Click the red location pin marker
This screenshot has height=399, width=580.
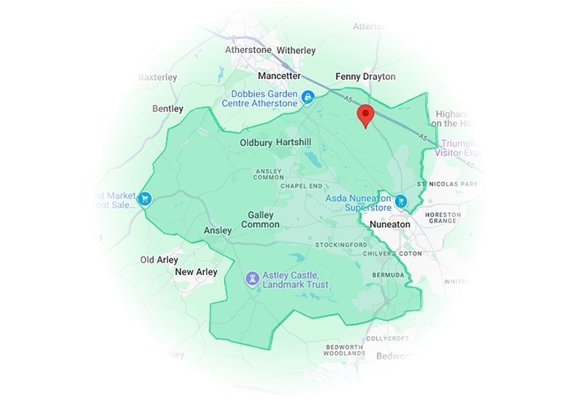(x=366, y=115)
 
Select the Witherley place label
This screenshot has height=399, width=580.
(x=297, y=50)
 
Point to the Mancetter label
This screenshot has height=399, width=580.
(x=279, y=75)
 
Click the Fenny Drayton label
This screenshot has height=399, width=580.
(x=365, y=76)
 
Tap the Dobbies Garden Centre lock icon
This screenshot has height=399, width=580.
(x=307, y=96)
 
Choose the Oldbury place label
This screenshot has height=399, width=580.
(x=255, y=143)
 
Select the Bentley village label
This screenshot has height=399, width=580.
(x=167, y=108)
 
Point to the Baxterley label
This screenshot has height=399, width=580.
(x=157, y=76)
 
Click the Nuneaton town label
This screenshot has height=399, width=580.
(x=389, y=224)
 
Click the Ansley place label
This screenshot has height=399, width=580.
(x=217, y=231)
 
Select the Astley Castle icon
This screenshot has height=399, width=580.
(x=252, y=278)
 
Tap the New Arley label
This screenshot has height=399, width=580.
(x=196, y=272)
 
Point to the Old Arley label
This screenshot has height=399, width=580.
(x=158, y=259)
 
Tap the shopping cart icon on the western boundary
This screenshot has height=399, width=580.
(x=145, y=199)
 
